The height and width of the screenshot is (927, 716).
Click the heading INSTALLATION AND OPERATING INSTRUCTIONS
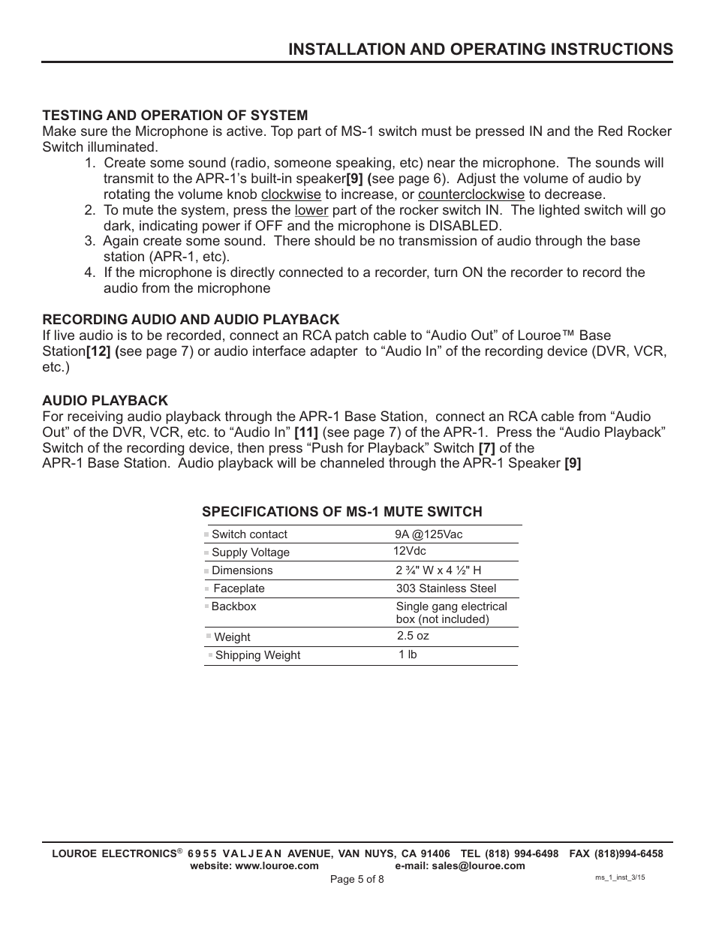[x=480, y=49]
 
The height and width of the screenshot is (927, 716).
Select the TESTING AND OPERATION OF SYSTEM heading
[x=175, y=115]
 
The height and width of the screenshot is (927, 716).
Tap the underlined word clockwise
[x=291, y=194]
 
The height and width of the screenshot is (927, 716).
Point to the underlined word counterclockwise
[x=471, y=194]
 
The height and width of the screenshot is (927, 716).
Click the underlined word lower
[x=311, y=210]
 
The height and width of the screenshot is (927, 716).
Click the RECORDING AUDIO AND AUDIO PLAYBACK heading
[x=191, y=319]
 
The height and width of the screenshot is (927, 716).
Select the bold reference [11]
[x=306, y=432]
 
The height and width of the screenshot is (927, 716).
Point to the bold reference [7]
[x=487, y=447]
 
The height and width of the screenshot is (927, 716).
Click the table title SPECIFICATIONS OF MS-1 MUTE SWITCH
[x=341, y=512]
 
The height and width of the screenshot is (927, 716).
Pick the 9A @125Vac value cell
[x=429, y=534]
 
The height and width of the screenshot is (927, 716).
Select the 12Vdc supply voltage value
[x=410, y=551]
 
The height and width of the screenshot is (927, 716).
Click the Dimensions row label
[x=242, y=570]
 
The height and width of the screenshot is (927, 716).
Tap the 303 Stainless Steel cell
[x=446, y=588]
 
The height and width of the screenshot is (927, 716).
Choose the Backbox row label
[x=233, y=606]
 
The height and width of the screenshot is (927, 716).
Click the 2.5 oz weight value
[x=413, y=636]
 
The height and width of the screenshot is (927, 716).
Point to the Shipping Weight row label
[x=257, y=655]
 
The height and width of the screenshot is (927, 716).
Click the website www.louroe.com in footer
[x=254, y=865]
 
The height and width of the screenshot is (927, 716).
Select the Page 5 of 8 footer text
[x=357, y=879]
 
